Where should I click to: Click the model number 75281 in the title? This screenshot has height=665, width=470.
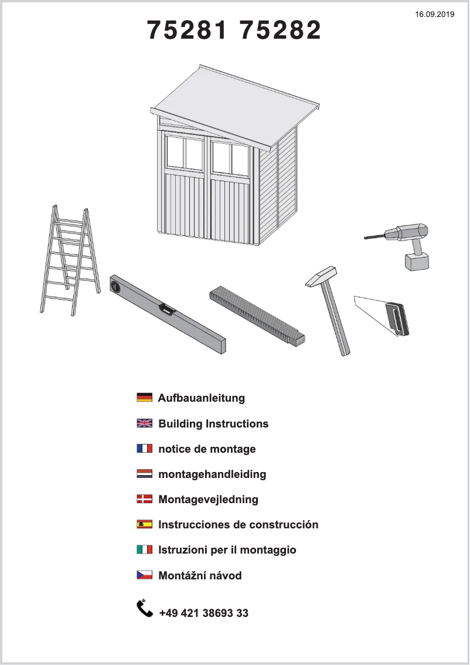click(187, 30)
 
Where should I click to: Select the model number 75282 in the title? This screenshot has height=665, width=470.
click(281, 30)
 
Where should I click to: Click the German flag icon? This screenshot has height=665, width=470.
click(144, 398)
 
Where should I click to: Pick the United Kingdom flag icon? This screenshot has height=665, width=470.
click(144, 423)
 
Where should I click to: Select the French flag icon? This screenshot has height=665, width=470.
click(144, 449)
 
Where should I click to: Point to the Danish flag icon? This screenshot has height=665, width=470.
click(144, 499)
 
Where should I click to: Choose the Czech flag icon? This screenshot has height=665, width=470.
click(144, 575)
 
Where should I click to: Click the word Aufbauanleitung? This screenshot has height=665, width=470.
click(201, 398)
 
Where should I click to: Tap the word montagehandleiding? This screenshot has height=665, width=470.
click(212, 474)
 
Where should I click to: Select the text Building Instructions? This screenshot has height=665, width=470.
click(213, 423)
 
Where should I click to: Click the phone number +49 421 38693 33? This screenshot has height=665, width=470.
click(203, 613)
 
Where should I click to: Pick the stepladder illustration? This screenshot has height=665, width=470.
click(67, 261)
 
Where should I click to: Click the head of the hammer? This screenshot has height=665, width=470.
click(322, 275)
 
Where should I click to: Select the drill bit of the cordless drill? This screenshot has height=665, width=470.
click(374, 236)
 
